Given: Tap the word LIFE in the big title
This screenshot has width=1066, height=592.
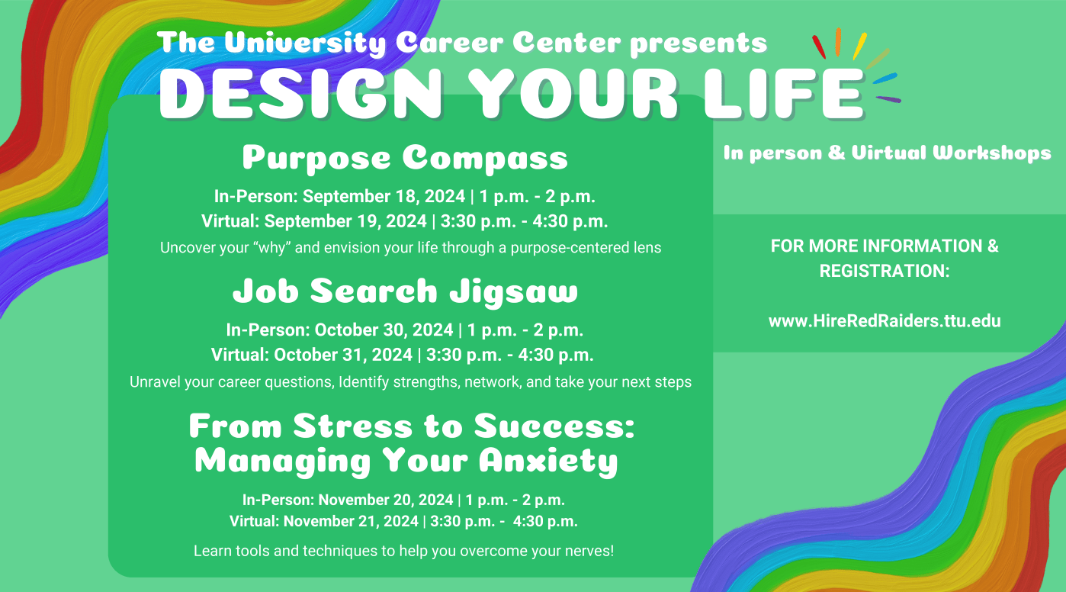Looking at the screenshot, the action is [784, 93].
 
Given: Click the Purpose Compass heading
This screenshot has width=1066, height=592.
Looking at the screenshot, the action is [405, 158].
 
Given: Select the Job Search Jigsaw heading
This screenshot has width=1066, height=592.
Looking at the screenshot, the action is [405, 291].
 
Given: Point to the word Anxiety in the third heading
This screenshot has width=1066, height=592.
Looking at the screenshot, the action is [548, 461].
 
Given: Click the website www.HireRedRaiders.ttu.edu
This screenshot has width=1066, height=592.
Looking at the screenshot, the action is [885, 321].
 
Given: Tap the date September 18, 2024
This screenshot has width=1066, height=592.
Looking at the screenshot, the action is [384, 196].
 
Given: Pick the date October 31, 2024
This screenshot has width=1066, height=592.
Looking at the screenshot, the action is [342, 355].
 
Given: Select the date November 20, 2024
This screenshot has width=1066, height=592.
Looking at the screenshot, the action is [386, 500].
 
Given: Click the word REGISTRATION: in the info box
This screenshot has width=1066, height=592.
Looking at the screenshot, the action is [885, 271].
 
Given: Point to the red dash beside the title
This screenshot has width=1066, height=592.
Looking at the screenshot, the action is [818, 47].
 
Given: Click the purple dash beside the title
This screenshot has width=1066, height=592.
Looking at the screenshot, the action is [888, 99].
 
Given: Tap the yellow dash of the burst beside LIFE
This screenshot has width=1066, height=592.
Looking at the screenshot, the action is [859, 47].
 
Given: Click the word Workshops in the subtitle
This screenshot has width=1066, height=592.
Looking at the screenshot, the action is [991, 153].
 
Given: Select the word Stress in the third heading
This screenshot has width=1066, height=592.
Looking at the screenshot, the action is [352, 426].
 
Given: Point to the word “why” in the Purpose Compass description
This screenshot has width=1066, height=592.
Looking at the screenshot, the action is [271, 248].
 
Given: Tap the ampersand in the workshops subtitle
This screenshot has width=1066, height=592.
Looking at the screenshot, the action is [836, 153].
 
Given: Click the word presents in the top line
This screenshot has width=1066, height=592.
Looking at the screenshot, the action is [698, 43].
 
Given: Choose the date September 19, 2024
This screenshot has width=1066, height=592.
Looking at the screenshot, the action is [345, 221].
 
